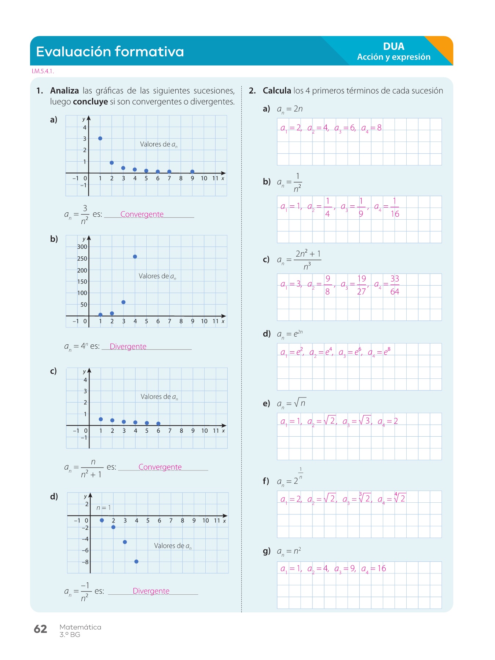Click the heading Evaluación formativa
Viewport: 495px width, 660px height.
(x=110, y=51)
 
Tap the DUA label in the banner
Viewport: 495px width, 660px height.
(x=393, y=46)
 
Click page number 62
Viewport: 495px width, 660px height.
(x=40, y=629)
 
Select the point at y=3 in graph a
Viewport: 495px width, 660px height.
(x=100, y=139)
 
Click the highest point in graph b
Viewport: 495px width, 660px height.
(x=135, y=257)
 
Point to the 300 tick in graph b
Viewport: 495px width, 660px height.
(x=82, y=247)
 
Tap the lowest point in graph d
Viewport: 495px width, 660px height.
(x=136, y=561)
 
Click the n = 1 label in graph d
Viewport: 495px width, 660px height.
(x=103, y=508)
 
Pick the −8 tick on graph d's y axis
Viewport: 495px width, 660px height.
(x=85, y=562)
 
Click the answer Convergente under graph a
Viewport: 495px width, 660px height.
(x=142, y=214)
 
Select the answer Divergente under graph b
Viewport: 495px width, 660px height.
(x=128, y=346)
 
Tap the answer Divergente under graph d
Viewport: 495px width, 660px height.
(x=151, y=591)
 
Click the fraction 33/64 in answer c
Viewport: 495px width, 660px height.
(x=395, y=285)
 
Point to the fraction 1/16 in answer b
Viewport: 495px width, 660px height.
(x=395, y=208)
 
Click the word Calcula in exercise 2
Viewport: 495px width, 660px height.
(x=277, y=91)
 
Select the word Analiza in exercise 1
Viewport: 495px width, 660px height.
(x=65, y=91)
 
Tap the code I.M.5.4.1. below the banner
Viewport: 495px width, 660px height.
(x=43, y=71)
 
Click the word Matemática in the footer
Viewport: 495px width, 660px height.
(x=80, y=627)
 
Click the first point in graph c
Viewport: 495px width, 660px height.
(x=101, y=419)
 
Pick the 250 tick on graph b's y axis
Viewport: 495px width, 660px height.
(x=82, y=258)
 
